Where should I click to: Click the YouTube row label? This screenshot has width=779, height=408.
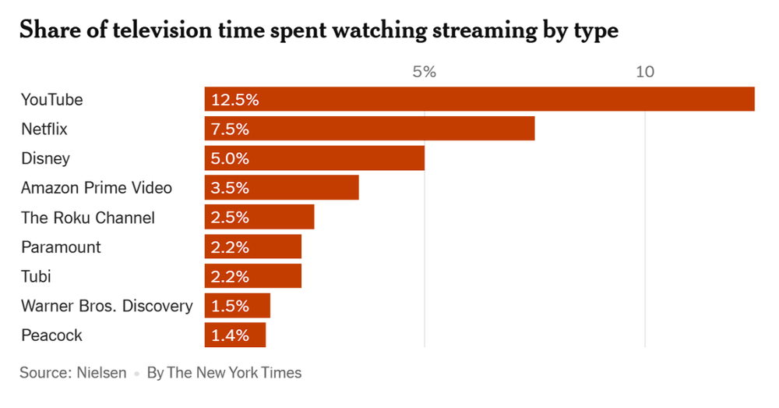51,100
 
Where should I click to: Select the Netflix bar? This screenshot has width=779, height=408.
369,129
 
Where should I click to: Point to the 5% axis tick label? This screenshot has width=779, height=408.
424,73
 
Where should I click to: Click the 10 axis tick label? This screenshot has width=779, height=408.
644,73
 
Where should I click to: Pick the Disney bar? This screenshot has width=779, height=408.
314,158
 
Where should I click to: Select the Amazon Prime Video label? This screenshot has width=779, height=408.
97,188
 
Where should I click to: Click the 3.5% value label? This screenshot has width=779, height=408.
230,188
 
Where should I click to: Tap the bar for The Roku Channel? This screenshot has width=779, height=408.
259,218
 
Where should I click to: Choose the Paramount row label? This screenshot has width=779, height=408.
61,247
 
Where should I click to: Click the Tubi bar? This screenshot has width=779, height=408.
252,276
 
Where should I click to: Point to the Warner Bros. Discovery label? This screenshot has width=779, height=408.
107,306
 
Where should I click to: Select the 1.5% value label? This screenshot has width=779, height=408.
230,306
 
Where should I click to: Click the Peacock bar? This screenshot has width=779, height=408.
234,335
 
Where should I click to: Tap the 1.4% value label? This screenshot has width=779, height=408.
230,335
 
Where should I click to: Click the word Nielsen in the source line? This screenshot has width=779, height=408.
101,373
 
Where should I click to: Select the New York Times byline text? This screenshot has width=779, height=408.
224,373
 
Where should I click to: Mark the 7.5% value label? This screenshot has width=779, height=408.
230,129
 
